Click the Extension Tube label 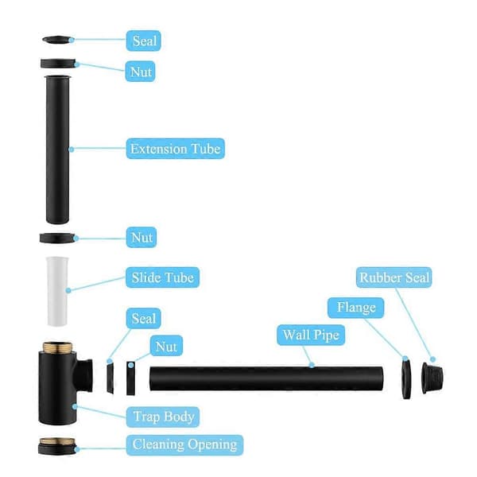(176, 149)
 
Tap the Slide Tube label (162, 277)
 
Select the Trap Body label (163, 417)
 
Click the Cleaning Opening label (184, 445)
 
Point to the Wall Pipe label (311, 335)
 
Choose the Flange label (355, 308)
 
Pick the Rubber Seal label (394, 277)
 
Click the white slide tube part (57, 291)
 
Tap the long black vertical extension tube (57, 149)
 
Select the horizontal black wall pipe (266, 378)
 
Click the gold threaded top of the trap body (57, 347)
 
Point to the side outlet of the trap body (84, 375)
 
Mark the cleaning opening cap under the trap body (57, 446)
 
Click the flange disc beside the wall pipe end (406, 378)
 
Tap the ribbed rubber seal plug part (432, 378)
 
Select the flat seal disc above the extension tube (57, 40)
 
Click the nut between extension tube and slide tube (57, 238)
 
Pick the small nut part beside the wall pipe (130, 378)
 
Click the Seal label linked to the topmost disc (144, 41)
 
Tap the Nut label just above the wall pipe (166, 346)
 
